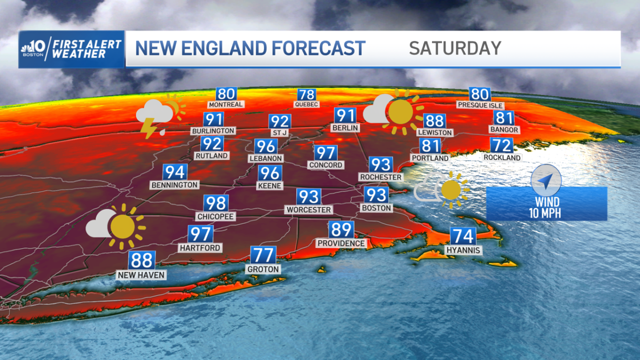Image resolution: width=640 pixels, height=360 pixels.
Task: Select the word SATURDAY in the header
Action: (x=455, y=48)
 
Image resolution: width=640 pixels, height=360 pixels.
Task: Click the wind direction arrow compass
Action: (x=546, y=180)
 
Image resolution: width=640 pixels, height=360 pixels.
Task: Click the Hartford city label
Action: (x=200, y=247)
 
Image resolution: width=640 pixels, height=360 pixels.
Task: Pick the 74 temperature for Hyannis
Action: (x=462, y=236)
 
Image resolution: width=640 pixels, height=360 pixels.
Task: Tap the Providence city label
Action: (x=341, y=243)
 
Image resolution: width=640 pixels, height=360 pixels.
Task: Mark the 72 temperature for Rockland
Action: (x=501, y=145)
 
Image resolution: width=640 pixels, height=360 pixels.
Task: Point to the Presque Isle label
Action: (x=480, y=105)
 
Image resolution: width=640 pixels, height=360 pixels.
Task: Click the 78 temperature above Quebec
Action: (x=307, y=94)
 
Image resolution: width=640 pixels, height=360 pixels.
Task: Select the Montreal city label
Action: (x=226, y=105)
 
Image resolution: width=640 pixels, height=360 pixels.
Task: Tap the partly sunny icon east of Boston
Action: (x=442, y=187)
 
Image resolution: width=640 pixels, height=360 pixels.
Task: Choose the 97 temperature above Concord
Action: (x=325, y=153)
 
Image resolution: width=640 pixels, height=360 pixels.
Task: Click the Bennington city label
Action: (x=174, y=185)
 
